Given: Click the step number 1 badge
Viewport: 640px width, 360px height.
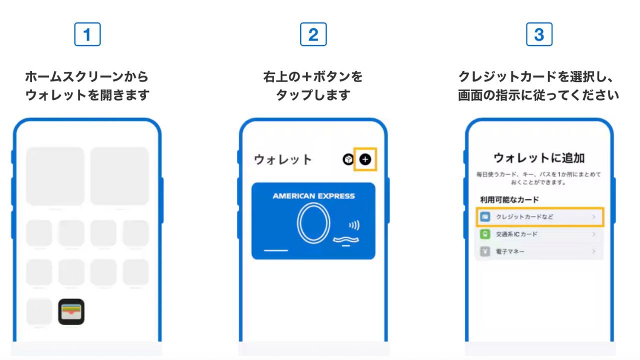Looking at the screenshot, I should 87,34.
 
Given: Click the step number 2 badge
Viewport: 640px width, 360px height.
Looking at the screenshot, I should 313,34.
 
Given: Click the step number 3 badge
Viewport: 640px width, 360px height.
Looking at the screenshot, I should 539,34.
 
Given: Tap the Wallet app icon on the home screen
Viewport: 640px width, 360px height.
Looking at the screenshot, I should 71,311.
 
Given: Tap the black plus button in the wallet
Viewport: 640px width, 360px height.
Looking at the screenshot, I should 365,159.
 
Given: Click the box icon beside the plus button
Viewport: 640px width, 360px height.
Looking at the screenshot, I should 348,159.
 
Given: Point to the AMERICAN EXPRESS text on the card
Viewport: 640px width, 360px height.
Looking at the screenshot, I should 313,196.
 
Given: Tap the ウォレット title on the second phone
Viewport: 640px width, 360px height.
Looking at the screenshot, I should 283,160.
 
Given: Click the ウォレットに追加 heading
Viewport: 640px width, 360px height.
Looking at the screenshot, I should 539,158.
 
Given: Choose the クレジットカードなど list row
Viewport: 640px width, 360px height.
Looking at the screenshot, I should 539,217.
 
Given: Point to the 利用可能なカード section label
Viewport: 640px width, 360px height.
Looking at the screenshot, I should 509,199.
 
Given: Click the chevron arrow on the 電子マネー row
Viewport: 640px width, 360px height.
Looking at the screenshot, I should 594,251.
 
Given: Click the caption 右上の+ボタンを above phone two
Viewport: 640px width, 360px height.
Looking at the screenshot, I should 313,77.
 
